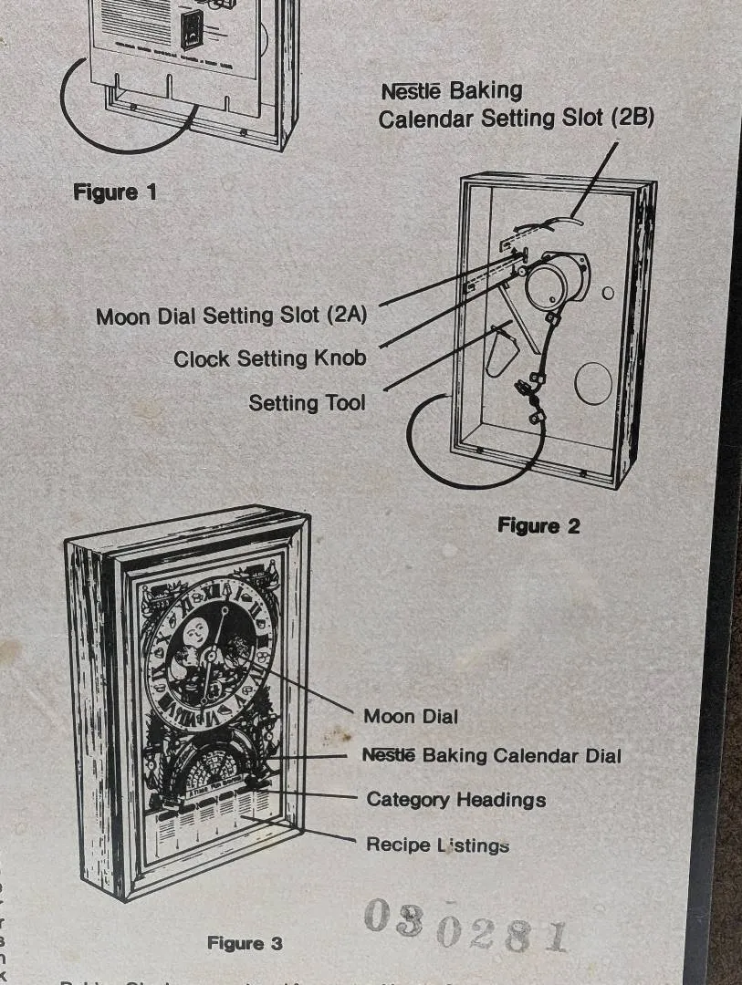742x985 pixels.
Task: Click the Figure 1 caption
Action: [x=115, y=192]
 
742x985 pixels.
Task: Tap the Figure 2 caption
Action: [x=538, y=525]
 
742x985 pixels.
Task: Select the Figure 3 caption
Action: [x=245, y=943]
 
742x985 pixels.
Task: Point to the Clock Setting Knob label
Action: [x=270, y=358]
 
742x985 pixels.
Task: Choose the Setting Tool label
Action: [x=307, y=402]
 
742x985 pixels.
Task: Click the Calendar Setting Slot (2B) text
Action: [x=516, y=119]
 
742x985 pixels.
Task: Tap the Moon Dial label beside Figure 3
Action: [x=411, y=716]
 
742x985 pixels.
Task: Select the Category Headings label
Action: [x=455, y=800]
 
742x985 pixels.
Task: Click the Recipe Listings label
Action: [x=437, y=845]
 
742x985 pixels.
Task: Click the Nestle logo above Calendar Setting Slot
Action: [x=410, y=91]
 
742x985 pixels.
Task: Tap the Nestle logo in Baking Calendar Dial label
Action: [x=389, y=755]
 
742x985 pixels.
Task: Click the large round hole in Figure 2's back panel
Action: [x=591, y=384]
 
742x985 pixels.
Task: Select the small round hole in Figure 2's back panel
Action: [x=608, y=293]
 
